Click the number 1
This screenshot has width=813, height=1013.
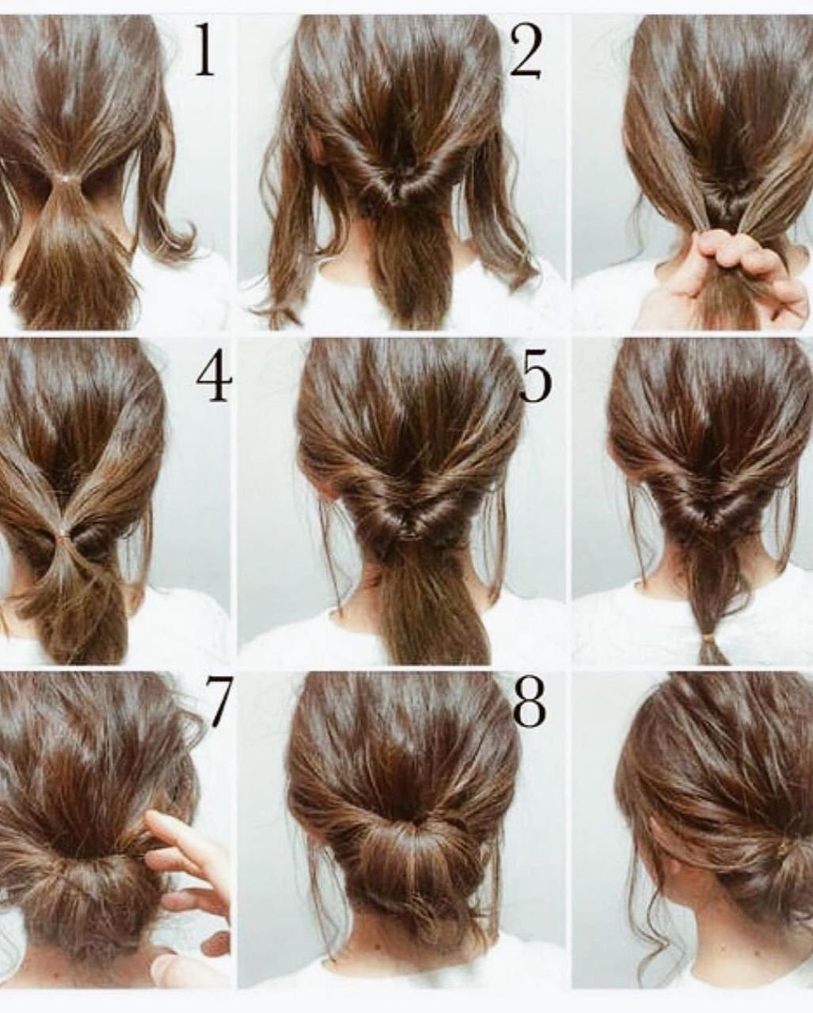[205, 51]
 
